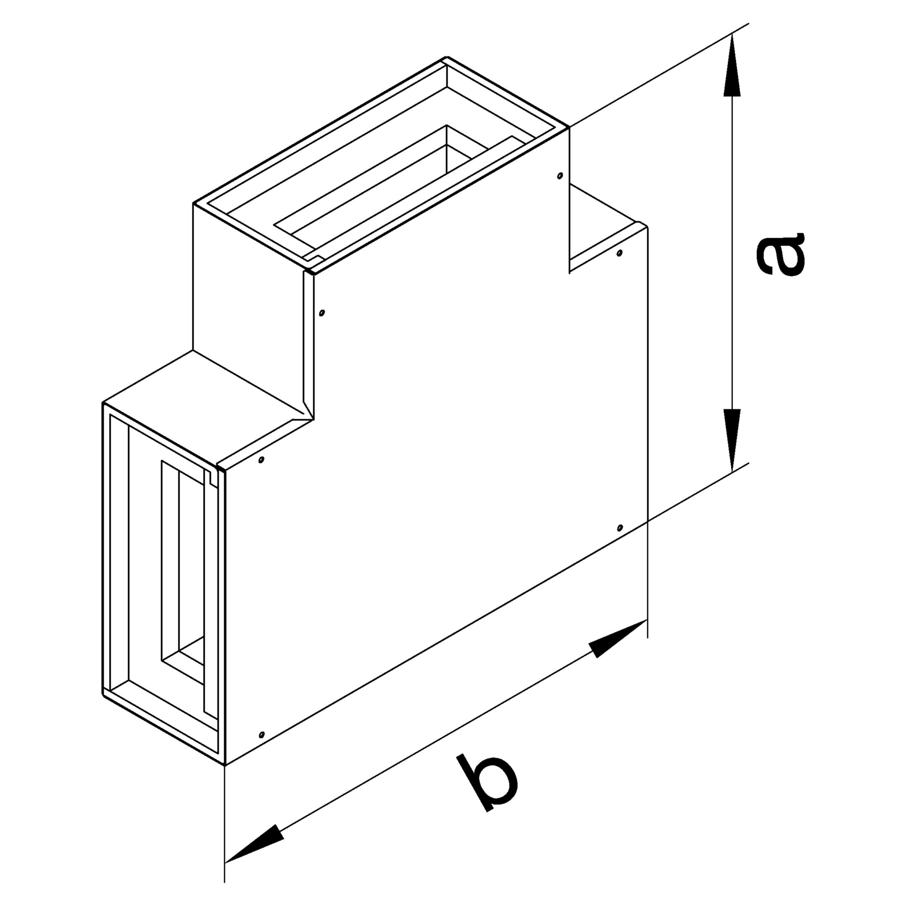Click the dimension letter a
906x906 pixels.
coord(781,253)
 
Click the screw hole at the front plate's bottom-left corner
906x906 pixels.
coord(262,734)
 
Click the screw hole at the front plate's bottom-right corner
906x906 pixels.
coord(620,528)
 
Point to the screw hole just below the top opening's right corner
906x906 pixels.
coord(560,176)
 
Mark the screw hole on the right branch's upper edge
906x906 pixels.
coord(620,253)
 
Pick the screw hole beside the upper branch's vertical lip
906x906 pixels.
coord(321,312)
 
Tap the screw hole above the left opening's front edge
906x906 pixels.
coord(261,460)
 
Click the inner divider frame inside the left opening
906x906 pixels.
coord(162,563)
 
